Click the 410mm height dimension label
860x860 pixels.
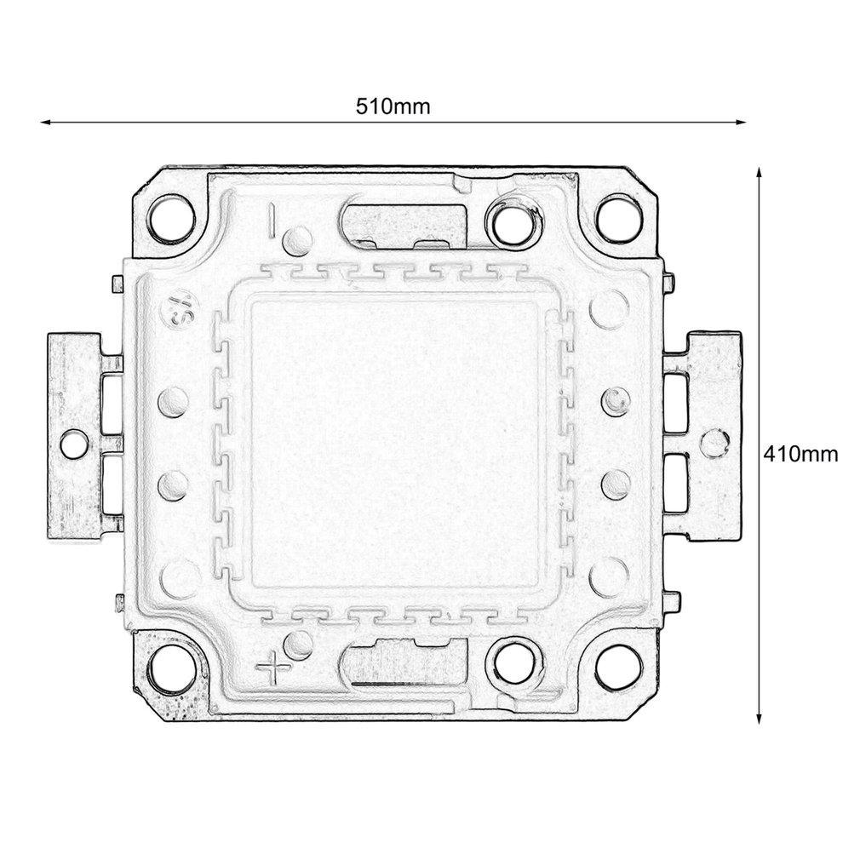pos(800,453)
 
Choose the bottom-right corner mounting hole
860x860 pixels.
pos(617,666)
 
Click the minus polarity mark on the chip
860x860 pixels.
pos(272,218)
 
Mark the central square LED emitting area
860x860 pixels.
pos(394,443)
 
